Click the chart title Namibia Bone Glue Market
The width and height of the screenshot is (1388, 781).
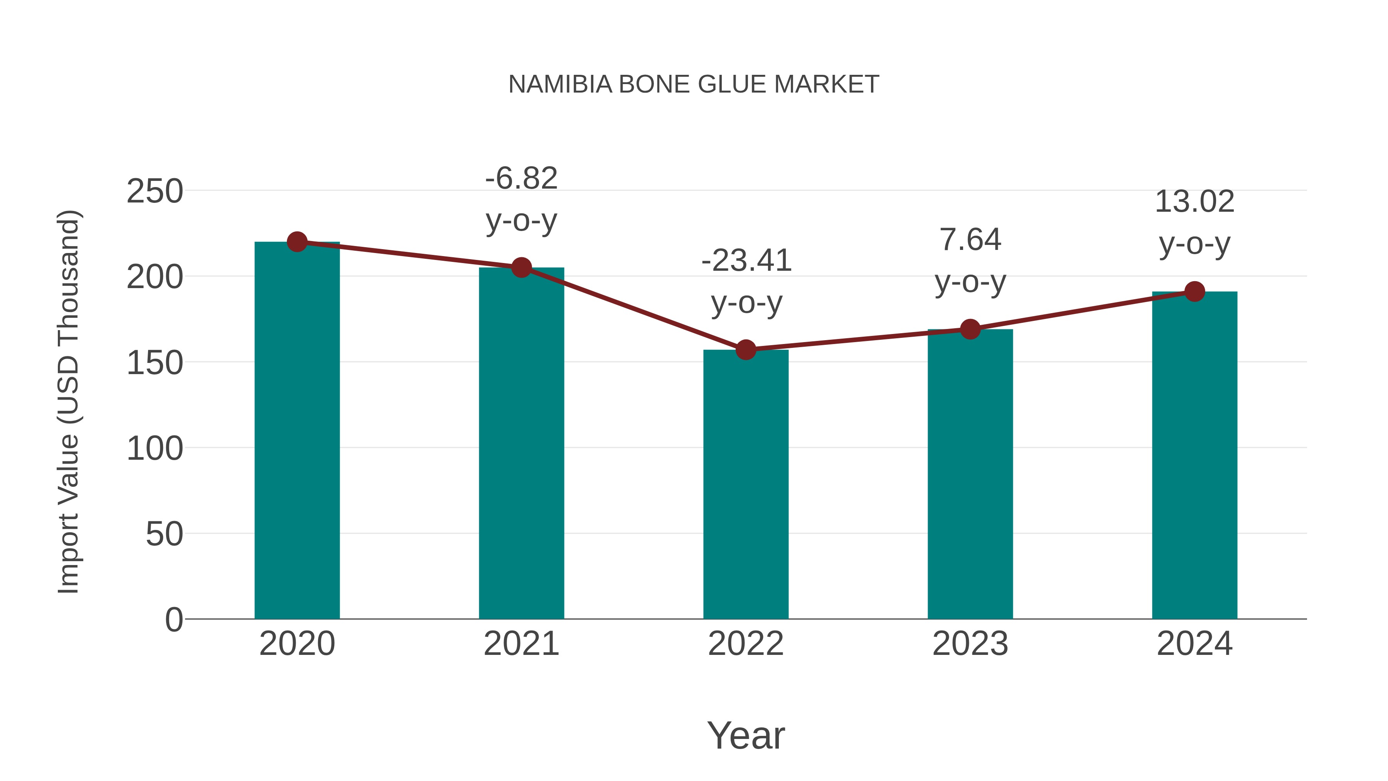pos(694,84)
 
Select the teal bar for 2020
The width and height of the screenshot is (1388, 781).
pos(297,431)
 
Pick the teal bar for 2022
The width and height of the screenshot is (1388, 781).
pos(746,485)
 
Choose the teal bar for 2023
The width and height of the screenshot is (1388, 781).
pos(970,474)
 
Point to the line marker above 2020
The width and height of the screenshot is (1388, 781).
pos(297,242)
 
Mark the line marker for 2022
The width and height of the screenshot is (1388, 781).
pos(746,350)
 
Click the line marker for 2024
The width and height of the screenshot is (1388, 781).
pos(1194,292)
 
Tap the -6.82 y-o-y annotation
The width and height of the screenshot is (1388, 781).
pos(521,199)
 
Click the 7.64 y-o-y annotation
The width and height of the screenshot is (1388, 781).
pos(970,260)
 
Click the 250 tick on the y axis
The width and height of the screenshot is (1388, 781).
pos(155,191)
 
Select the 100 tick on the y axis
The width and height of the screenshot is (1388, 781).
pos(155,449)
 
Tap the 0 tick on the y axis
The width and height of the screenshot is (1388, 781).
pos(174,620)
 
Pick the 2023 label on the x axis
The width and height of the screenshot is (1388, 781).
pos(970,644)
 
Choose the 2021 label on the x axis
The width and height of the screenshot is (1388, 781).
pos(521,644)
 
